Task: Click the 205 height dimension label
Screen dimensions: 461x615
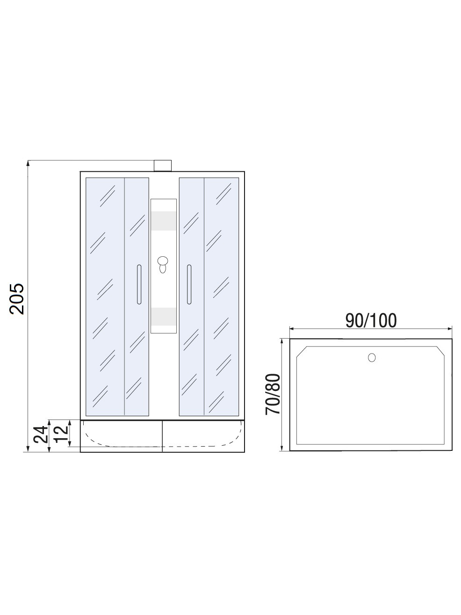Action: [17, 299]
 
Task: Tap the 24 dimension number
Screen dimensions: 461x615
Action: [40, 434]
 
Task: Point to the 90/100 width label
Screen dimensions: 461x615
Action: [371, 320]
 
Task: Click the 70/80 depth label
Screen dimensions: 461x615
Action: [273, 394]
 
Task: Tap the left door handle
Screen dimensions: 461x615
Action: [139, 284]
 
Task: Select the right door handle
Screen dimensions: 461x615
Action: [189, 284]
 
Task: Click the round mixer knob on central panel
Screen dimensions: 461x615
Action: [162, 261]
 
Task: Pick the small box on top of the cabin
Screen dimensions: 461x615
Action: [162, 166]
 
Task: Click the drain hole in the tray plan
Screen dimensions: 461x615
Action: [372, 357]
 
